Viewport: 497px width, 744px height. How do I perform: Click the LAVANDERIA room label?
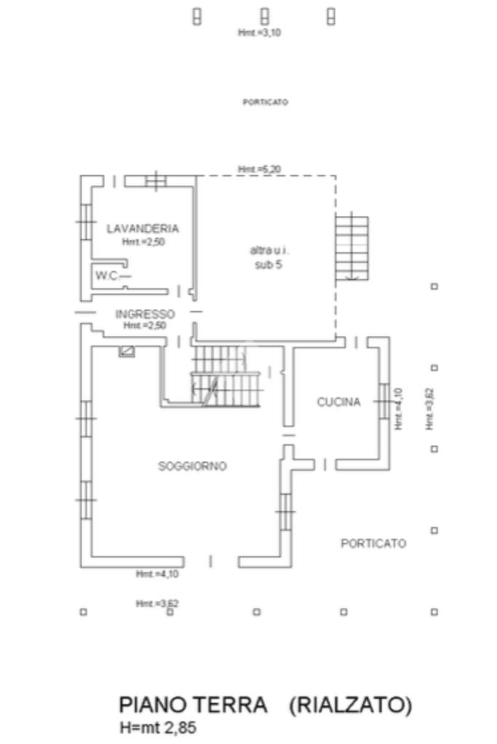[143, 228]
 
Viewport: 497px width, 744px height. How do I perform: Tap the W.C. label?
[106, 276]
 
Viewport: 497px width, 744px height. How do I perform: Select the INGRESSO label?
[146, 314]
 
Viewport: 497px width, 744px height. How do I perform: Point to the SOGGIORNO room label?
[193, 466]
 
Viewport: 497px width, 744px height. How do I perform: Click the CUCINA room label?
[338, 401]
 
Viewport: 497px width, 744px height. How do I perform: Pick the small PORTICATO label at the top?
[265, 103]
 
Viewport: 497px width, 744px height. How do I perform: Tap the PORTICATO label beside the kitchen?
[373, 543]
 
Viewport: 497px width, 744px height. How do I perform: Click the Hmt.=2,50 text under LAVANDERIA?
[143, 241]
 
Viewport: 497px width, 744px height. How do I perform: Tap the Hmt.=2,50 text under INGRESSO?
[146, 326]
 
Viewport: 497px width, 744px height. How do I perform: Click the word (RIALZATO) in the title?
[350, 705]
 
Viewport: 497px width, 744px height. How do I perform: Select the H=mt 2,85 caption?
[158, 727]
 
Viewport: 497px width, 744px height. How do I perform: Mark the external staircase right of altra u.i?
[352, 247]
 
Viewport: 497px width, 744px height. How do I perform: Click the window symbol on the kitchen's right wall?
[382, 401]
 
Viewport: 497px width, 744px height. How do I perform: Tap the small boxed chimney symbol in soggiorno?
[127, 351]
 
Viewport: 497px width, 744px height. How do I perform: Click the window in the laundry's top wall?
[156, 180]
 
